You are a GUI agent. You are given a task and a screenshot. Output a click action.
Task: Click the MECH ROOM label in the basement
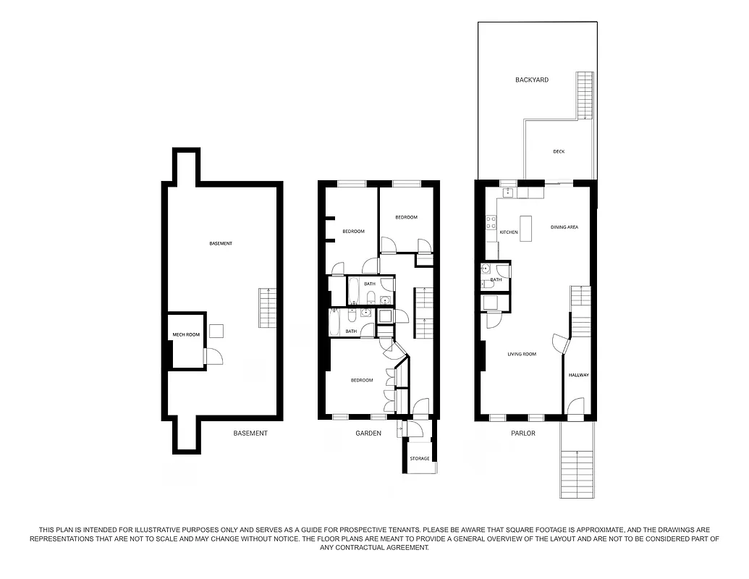point(185,334)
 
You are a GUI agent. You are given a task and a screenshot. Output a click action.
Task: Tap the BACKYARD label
point(531,80)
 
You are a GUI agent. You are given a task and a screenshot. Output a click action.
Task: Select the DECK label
point(559,151)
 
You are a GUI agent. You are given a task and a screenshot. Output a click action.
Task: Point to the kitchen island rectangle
point(527,229)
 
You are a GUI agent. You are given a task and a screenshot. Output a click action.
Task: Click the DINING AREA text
point(564,227)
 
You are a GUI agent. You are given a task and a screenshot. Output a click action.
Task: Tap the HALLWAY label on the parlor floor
point(579,375)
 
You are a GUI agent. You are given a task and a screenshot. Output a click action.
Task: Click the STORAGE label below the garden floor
point(420,458)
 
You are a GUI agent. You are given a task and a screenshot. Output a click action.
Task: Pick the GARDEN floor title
point(368,434)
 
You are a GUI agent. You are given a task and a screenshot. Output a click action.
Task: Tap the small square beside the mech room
point(216,331)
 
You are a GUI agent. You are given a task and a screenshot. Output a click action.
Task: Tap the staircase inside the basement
point(267,308)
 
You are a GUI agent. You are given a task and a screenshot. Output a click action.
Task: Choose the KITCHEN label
point(509,232)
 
